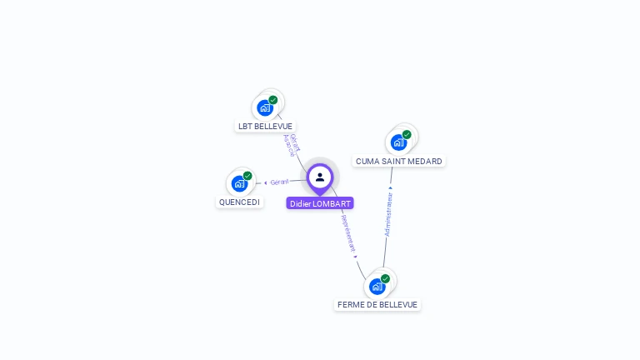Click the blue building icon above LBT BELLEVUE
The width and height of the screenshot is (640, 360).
pos(265,107)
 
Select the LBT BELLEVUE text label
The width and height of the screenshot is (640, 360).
pos(265,127)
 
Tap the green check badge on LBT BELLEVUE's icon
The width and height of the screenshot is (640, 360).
pos(273,100)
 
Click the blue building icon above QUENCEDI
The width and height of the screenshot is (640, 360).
pos(240,183)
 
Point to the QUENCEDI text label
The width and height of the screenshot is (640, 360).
pos(239,202)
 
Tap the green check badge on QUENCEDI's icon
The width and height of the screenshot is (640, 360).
pos(247,176)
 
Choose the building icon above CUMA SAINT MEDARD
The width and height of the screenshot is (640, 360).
pos(398,142)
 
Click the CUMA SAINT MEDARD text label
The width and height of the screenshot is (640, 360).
pos(398,162)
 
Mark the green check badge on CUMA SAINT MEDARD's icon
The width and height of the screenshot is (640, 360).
pos(407,134)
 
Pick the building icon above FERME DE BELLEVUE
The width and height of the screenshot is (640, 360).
pos(377,287)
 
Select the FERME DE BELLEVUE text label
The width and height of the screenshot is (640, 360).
pos(377,305)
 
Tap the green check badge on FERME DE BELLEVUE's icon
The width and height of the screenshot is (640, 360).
pos(385,278)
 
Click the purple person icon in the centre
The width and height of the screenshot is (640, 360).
pos(320,177)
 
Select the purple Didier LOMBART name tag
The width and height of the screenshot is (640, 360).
pos(320,203)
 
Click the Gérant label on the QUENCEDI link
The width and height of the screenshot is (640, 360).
pos(279,182)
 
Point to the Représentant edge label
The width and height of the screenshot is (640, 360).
pos(348,233)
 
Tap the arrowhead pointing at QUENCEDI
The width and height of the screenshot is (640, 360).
pos(265,182)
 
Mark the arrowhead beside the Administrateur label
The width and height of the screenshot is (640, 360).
pos(390,187)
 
